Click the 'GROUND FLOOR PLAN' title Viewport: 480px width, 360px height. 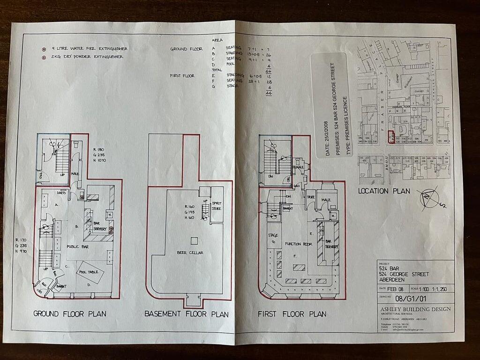69,313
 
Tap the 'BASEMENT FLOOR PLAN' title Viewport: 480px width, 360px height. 186,314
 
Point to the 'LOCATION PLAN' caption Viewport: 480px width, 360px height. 384,191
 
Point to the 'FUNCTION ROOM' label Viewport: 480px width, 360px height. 299,244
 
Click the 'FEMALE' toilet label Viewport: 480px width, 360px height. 299,166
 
